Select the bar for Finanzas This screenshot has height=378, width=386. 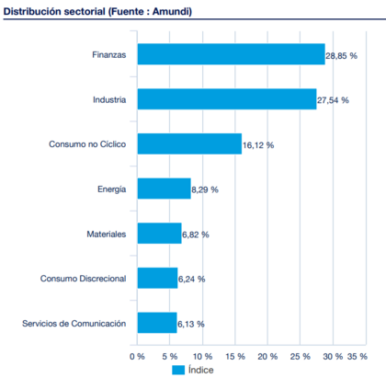pyautogui.click(x=231, y=55)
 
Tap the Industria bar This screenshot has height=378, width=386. pyautogui.click(x=226, y=99)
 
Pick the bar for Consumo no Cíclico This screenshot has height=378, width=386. pyautogui.click(x=188, y=144)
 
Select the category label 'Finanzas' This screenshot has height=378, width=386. pyautogui.click(x=108, y=55)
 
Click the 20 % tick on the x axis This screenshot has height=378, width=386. pyautogui.click(x=268, y=354)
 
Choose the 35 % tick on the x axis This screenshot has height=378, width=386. pyautogui.click(x=357, y=354)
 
